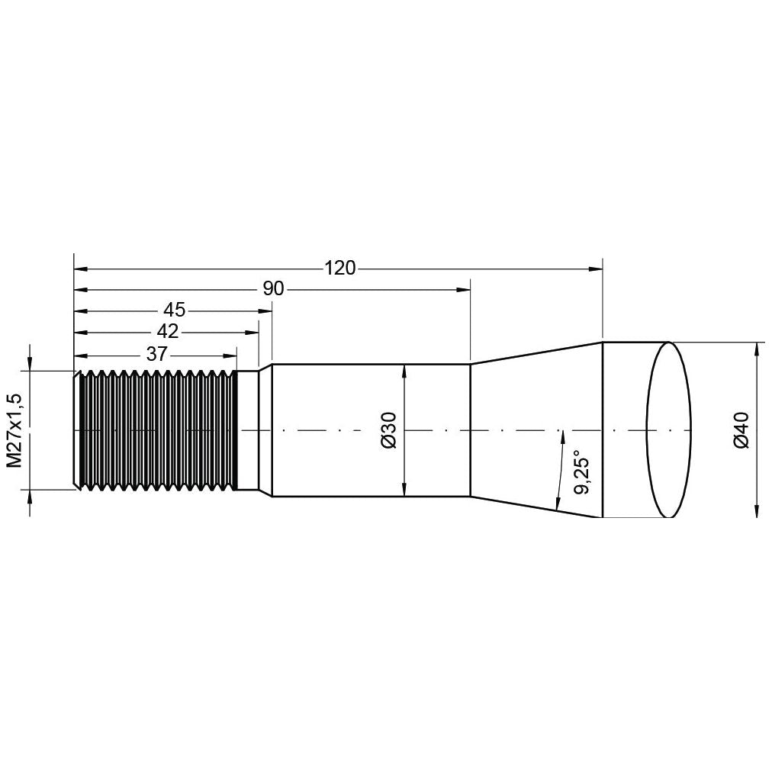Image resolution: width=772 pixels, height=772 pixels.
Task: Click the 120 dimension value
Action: tap(339, 269)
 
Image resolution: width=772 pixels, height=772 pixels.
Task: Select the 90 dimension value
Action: tap(273, 289)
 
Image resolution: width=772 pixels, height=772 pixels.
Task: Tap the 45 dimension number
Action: tap(174, 310)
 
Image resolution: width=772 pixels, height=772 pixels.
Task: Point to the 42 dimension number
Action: tap(167, 332)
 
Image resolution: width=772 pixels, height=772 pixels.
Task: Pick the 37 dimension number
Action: tap(157, 354)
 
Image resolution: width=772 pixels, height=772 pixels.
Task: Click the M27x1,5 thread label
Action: tap(14, 430)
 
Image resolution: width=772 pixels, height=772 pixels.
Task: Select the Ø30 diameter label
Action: tap(388, 430)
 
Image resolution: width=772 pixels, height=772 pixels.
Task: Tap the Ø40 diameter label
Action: tap(741, 430)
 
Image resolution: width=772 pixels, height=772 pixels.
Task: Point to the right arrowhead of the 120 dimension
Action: tap(597, 269)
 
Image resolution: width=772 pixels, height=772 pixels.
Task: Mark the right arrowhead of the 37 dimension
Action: tap(230, 355)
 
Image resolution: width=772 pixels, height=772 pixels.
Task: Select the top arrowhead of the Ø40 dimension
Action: tap(756, 348)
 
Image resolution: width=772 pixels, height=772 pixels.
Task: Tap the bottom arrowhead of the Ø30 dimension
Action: tap(404, 491)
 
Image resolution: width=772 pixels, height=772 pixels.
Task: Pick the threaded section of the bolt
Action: tap(156, 430)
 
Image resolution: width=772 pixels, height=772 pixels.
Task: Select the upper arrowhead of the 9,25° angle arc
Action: tap(562, 436)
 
